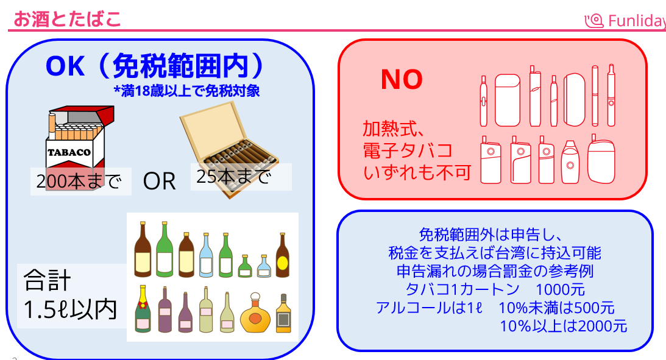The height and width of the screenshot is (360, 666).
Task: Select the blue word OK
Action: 65,66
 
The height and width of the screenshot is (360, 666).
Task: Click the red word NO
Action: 402,79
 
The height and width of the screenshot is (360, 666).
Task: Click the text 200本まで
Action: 79,182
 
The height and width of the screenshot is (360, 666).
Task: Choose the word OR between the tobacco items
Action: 159,181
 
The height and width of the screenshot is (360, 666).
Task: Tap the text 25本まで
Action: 233,177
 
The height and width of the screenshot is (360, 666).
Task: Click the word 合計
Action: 47,281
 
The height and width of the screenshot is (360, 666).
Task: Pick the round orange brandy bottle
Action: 255,314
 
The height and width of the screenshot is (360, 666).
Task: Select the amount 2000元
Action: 603,326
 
